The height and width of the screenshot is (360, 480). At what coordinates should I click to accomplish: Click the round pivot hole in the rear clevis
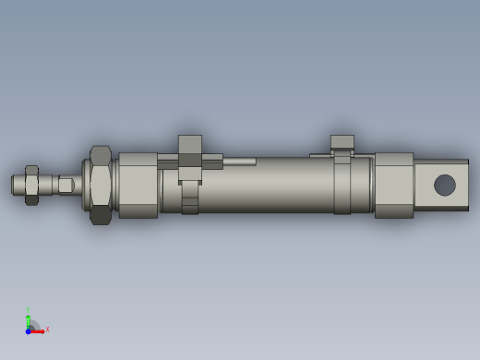(445, 185)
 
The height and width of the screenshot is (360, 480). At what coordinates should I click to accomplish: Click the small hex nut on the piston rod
(31, 186)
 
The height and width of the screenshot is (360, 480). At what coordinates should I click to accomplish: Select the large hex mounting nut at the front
(100, 185)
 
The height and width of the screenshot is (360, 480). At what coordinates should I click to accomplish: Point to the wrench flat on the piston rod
(66, 186)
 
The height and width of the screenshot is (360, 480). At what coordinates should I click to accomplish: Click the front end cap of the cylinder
(138, 186)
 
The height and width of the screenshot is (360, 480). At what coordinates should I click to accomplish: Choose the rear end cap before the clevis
(393, 186)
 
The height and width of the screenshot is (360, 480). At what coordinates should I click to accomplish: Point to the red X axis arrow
(38, 330)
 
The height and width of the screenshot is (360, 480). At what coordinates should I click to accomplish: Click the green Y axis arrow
(29, 320)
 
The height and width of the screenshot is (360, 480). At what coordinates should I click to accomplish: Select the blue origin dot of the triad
(29, 330)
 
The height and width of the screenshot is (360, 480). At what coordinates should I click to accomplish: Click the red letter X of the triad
(47, 329)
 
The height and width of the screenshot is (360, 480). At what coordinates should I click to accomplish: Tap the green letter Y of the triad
(28, 310)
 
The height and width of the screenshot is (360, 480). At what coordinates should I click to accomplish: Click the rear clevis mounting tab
(440, 185)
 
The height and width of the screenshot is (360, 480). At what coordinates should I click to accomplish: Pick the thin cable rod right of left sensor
(239, 162)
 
